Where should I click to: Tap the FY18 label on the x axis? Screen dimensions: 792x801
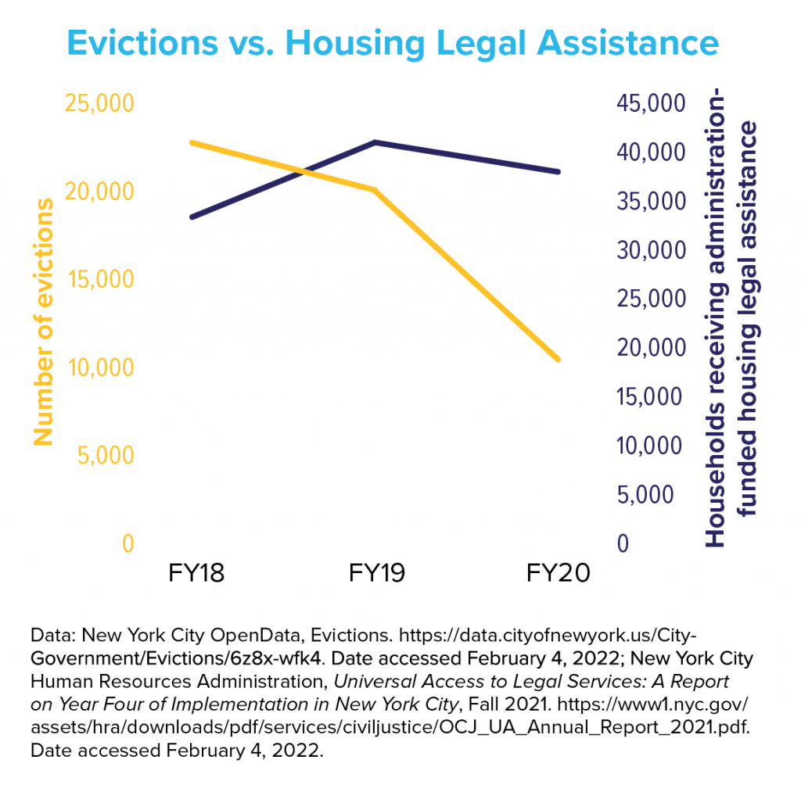tap(196, 573)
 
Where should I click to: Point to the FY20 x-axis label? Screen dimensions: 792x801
tap(559, 573)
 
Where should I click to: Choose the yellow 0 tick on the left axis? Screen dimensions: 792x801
tap(128, 543)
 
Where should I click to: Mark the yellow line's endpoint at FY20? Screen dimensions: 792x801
tap(559, 360)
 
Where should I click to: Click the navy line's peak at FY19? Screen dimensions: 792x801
tap(376, 142)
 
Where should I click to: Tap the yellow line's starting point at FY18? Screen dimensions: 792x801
tap(192, 143)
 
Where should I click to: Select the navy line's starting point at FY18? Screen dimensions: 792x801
tap(192, 217)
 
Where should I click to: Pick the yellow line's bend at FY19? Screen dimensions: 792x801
tap(376, 190)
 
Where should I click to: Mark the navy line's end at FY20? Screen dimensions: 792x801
tap(559, 172)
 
